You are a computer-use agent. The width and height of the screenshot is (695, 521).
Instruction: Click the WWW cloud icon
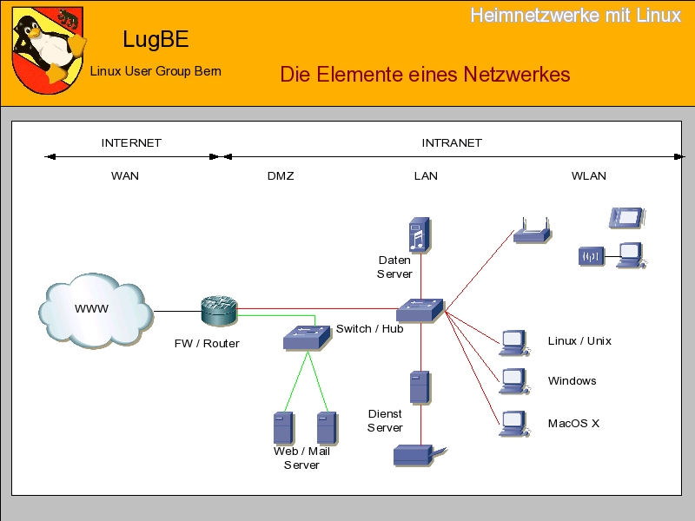click(94, 310)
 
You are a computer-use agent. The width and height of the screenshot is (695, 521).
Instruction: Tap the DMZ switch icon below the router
click(307, 337)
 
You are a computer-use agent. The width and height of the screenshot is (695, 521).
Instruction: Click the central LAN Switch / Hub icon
click(420, 310)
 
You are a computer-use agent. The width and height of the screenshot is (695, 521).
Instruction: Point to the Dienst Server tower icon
click(420, 387)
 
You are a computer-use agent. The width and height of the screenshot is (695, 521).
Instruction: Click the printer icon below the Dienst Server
click(417, 454)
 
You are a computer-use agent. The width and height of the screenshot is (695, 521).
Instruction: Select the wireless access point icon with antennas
click(531, 232)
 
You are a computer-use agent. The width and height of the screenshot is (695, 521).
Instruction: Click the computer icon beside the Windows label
click(515, 382)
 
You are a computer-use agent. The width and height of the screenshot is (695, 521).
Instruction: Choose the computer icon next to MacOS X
click(515, 424)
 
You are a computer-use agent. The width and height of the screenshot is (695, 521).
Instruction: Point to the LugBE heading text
click(156, 39)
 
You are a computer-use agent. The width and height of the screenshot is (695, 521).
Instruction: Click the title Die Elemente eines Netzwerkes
click(425, 74)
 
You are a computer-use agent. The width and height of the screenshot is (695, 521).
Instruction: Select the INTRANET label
click(452, 142)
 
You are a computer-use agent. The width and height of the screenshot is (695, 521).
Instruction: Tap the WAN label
click(125, 175)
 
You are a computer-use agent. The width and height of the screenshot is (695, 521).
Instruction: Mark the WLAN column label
click(588, 175)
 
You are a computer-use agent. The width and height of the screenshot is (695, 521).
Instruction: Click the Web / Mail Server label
click(301, 458)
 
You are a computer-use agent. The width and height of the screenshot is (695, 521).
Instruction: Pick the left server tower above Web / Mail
click(282, 427)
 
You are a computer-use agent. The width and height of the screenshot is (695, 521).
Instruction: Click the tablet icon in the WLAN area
click(627, 217)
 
